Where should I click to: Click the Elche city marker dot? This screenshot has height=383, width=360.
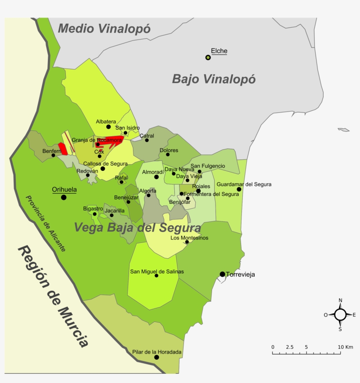208,58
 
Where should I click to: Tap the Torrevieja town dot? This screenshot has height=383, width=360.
223,275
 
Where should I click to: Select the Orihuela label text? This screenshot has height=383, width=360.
64,190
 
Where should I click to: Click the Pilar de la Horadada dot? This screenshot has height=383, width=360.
156,358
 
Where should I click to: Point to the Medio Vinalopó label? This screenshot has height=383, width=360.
104,29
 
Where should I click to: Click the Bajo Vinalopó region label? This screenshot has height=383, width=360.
213,79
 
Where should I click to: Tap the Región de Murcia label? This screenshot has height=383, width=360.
53,296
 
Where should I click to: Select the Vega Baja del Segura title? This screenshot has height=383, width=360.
137,228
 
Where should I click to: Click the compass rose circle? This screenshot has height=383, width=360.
340,314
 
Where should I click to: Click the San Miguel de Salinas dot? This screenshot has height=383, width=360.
156,275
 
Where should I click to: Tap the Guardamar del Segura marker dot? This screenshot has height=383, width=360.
239,190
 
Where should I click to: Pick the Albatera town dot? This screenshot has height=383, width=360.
108,127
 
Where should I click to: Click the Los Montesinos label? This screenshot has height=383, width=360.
189,238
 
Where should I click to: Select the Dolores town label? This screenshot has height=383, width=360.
169,150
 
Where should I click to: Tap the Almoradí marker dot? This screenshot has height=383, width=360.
156,177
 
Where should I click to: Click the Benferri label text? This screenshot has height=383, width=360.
51,151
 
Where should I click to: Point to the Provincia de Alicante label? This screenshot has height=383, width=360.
46,224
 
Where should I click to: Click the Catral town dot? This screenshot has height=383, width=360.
147,140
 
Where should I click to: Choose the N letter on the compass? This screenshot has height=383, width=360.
340,300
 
